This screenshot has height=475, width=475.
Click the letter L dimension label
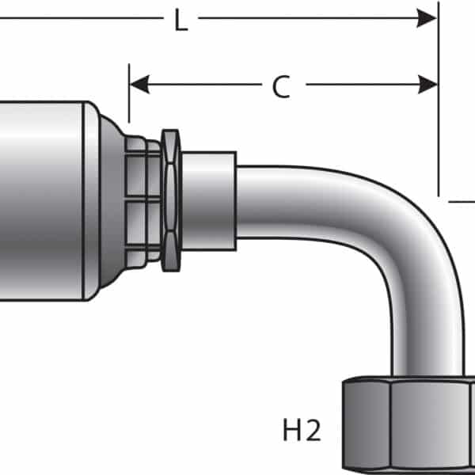pos(181,20)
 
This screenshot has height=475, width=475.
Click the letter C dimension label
pos(281,86)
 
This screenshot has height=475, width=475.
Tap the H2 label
pos(302,430)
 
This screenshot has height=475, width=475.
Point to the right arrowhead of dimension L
pos(427,18)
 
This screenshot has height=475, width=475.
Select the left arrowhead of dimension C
pos(139,84)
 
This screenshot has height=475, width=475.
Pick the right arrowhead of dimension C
pos(427,84)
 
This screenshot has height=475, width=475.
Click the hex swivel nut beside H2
pos(408,424)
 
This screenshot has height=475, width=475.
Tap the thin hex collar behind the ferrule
pos(171,200)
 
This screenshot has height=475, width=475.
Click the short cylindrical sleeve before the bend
pos(209,201)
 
